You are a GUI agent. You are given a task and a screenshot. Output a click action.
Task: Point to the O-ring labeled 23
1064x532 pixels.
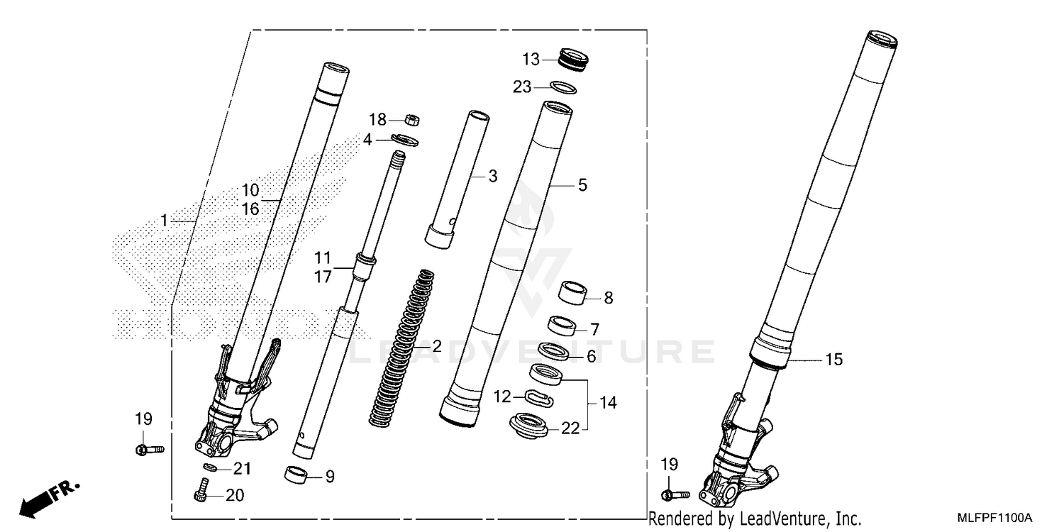click(x=564, y=87)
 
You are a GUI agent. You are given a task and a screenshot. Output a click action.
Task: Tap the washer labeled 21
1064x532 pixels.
click(x=209, y=467)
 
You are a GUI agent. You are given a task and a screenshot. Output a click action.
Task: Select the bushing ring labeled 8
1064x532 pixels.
click(x=577, y=291)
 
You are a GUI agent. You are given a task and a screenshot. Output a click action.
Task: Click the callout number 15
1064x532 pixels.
click(x=833, y=360)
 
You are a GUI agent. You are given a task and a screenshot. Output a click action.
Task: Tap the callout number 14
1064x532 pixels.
click(x=608, y=403)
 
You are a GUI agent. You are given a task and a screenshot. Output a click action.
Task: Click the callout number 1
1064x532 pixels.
click(x=164, y=221)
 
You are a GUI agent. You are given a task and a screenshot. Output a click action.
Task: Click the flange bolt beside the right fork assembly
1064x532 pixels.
click(x=675, y=494)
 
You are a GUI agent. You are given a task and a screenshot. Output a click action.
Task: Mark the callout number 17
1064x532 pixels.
click(x=323, y=277)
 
